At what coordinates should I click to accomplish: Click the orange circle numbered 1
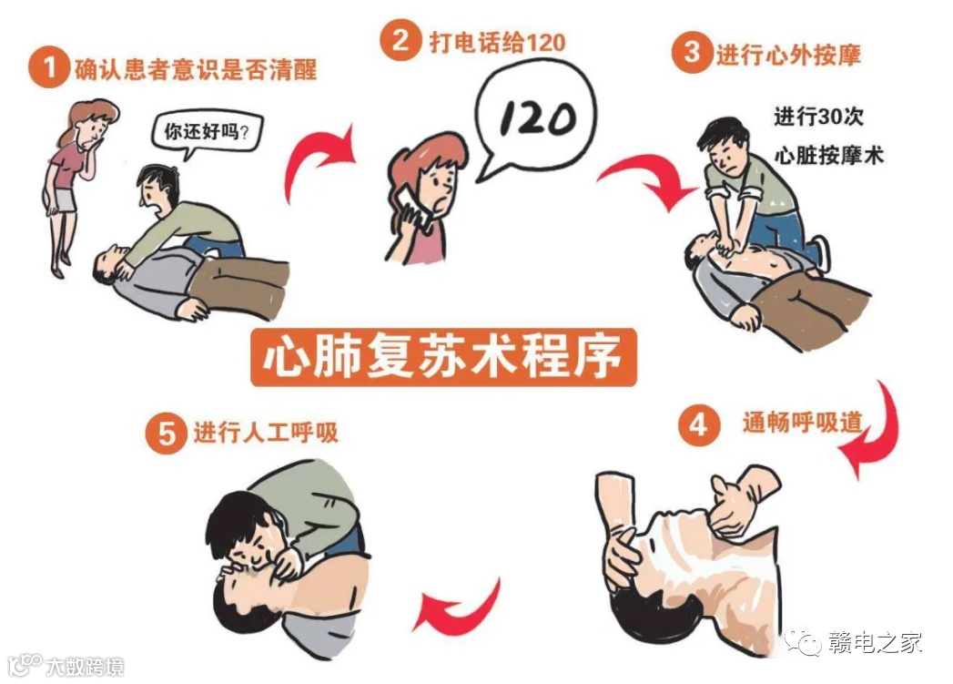click(x=48, y=67)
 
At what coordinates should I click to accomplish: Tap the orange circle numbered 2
click(x=400, y=40)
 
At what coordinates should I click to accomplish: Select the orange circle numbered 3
click(x=693, y=52)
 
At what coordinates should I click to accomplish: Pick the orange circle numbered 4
click(x=699, y=424)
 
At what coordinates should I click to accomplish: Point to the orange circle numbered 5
click(x=166, y=434)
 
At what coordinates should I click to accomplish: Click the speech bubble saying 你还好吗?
click(x=204, y=134)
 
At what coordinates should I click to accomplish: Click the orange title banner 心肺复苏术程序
click(x=443, y=358)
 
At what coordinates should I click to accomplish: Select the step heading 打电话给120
click(x=498, y=43)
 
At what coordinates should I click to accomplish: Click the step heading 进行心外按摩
click(x=788, y=55)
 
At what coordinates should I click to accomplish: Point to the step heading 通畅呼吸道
click(x=802, y=422)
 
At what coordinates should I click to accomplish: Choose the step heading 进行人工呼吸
click(x=266, y=433)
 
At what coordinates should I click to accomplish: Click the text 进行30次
click(x=818, y=117)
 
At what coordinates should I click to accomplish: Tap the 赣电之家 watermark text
click(x=876, y=643)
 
